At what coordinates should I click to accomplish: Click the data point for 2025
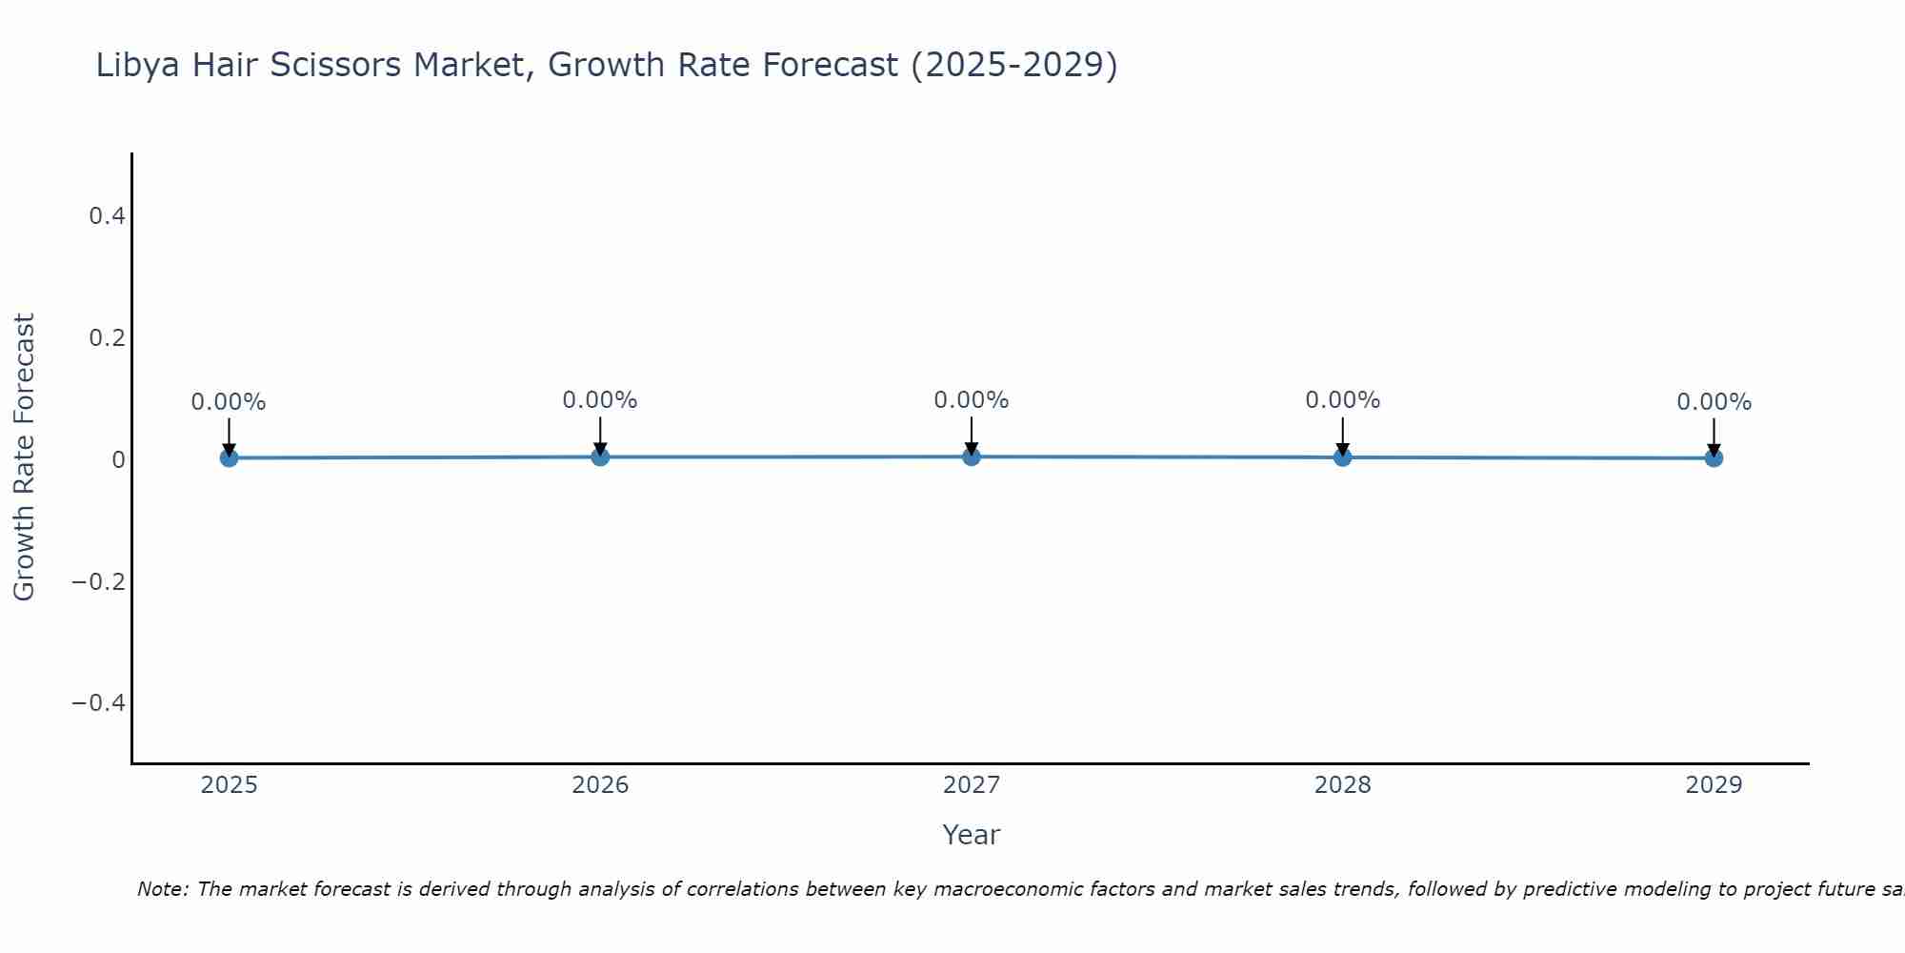229,457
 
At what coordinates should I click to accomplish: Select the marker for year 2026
600,456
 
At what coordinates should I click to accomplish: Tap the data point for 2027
972,456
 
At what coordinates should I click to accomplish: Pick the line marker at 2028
1342,456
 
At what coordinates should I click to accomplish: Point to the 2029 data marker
1714,457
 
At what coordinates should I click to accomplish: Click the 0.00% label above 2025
229,402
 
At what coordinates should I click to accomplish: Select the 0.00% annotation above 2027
972,400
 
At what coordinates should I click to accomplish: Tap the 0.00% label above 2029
1714,402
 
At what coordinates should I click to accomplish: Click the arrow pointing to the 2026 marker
600,434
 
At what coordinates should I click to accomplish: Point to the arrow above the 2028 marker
1342,434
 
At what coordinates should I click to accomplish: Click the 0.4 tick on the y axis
107,216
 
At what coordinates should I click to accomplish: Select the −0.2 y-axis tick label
99,581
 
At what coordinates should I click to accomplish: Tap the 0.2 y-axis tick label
107,338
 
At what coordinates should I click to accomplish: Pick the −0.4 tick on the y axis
99,703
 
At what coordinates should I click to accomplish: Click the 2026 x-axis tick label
600,785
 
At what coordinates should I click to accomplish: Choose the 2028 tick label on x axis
1342,785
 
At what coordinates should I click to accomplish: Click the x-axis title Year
971,835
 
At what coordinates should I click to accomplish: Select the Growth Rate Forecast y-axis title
24,457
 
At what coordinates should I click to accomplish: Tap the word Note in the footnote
161,889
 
